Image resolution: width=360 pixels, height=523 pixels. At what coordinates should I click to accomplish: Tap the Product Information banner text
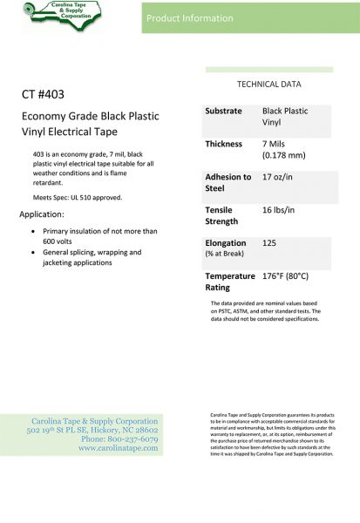click(190, 17)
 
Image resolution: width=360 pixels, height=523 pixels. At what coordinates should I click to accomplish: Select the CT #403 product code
click(55, 93)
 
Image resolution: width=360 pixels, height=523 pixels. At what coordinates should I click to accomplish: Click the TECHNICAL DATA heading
click(269, 85)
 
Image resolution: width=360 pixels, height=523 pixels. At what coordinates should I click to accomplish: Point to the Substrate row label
click(224, 112)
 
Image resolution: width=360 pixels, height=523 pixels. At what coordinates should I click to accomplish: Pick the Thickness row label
click(223, 144)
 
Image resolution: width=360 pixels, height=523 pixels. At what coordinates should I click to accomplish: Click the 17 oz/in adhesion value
click(281, 176)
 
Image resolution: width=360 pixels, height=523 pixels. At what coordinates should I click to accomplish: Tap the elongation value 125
click(271, 242)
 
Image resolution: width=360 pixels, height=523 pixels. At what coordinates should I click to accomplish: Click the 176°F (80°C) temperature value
click(285, 275)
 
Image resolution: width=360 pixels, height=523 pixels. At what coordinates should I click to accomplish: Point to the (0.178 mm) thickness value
click(284, 155)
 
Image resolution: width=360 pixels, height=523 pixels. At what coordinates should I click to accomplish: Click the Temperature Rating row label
click(229, 281)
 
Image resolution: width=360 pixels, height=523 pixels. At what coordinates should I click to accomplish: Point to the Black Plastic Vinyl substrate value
click(284, 118)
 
